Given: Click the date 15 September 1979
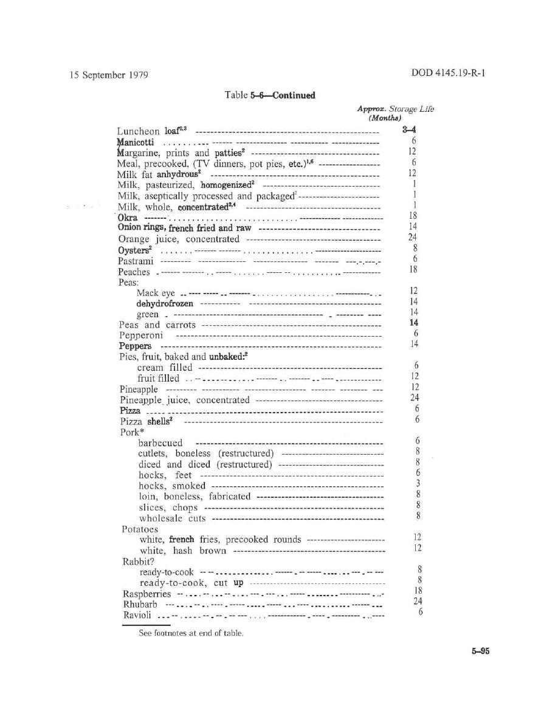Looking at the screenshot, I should click(x=109, y=75).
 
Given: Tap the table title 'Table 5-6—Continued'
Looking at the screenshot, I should click(x=270, y=95).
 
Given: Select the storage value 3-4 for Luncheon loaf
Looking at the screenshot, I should click(x=409, y=129).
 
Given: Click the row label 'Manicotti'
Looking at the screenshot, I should click(x=135, y=142).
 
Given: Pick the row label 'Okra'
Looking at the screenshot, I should click(x=128, y=217).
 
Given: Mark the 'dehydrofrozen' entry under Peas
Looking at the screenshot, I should click(x=165, y=303).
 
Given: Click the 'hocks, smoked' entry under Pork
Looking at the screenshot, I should click(x=172, y=486).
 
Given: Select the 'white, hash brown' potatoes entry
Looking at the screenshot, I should click(x=183, y=551).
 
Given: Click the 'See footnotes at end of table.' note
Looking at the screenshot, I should click(x=191, y=633).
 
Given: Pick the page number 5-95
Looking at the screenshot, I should click(x=478, y=651).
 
